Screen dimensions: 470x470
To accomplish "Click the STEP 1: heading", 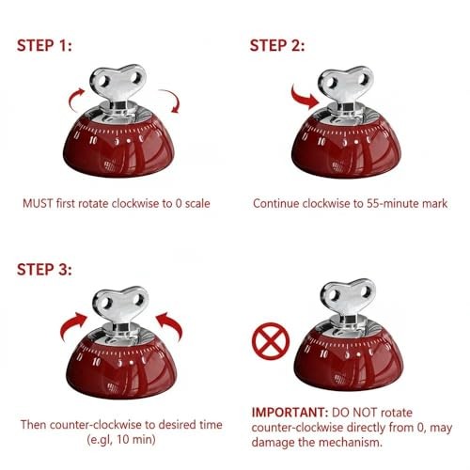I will point(46,45).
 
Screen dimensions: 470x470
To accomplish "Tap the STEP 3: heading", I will point(46,271).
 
